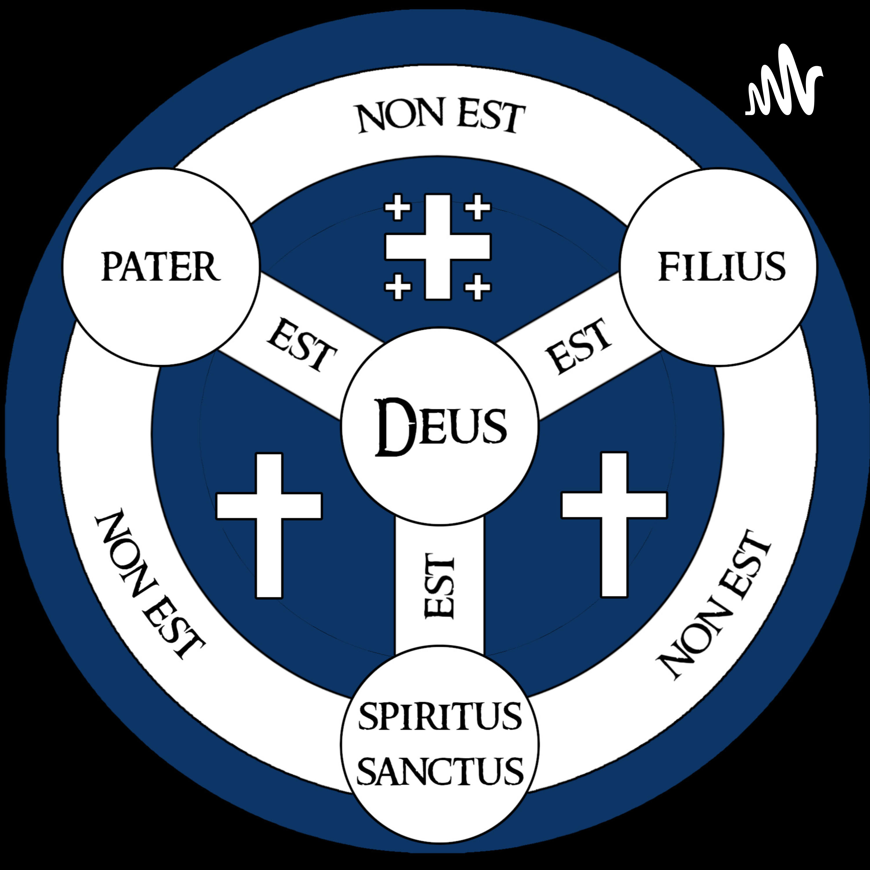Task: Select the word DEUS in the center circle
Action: tap(441, 427)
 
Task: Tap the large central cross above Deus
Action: tap(438, 247)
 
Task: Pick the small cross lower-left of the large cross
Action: tap(398, 287)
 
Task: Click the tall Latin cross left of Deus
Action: tap(269, 525)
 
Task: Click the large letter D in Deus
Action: tap(394, 427)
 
